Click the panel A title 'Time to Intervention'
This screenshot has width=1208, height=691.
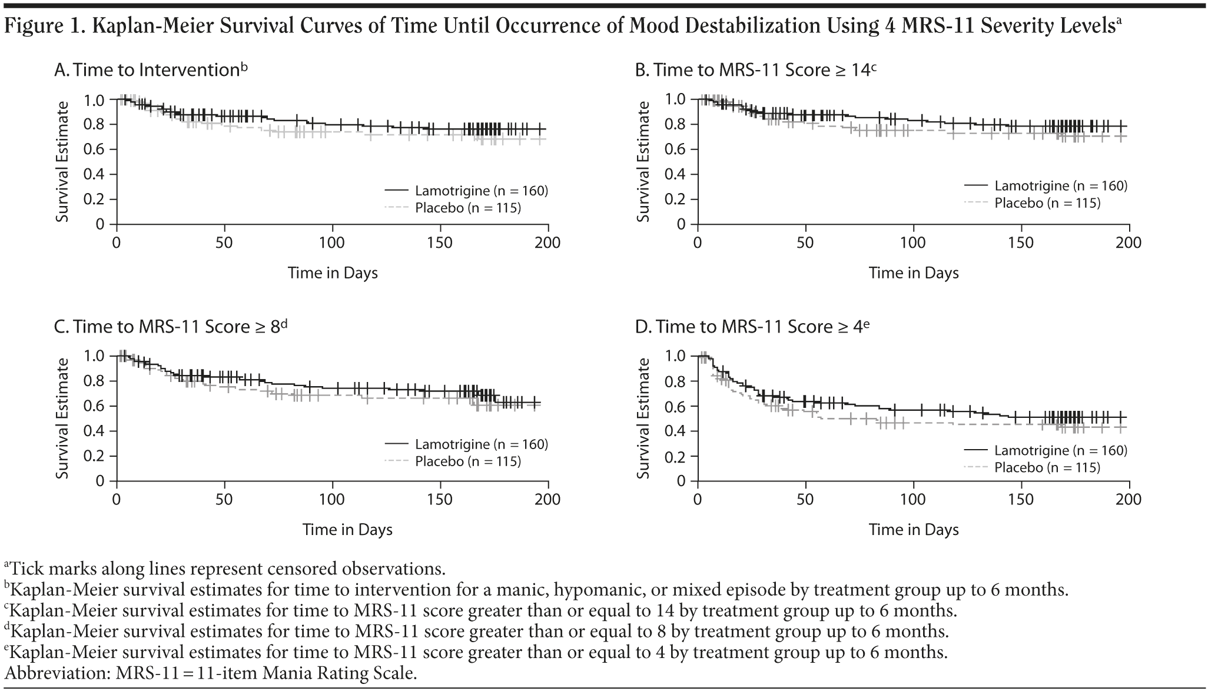pyautogui.click(x=151, y=70)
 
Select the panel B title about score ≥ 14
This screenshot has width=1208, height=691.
pyautogui.click(x=756, y=70)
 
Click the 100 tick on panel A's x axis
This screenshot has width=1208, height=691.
pyautogui.click(x=332, y=243)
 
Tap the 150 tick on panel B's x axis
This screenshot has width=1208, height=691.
pyautogui.click(x=1021, y=243)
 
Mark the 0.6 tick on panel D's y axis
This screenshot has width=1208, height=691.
pyautogui.click(x=675, y=406)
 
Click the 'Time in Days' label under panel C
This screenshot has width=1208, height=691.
pyautogui.click(x=347, y=530)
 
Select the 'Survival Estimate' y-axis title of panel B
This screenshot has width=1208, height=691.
pyautogui.click(x=643, y=161)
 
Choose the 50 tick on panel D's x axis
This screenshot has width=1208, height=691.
pyautogui.click(x=805, y=500)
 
